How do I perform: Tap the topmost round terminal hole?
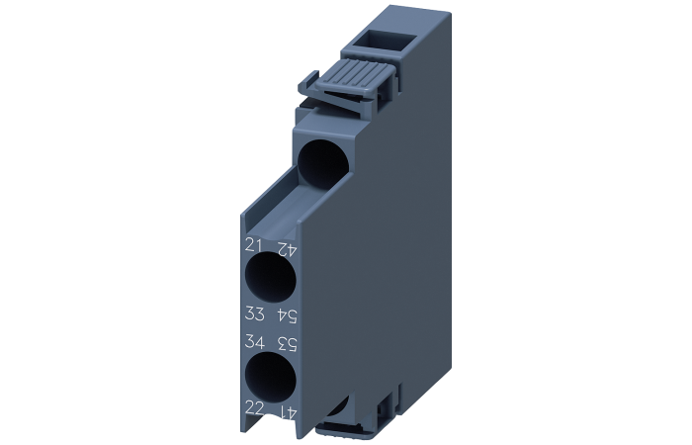321,162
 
